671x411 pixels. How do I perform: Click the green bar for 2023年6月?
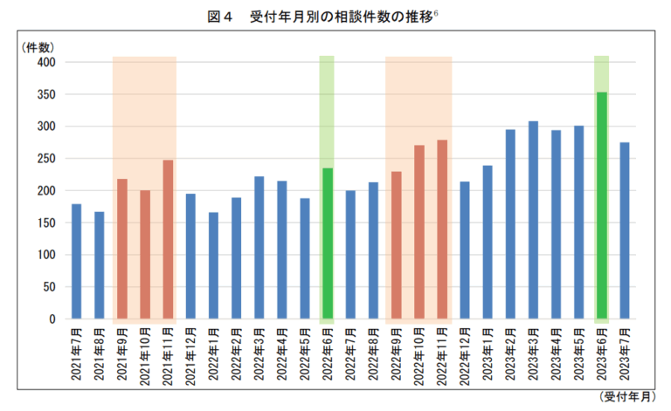tap(601, 205)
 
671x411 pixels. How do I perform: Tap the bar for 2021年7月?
tap(77, 262)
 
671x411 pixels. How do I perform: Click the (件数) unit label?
tap(38, 47)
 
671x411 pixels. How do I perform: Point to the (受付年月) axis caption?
tap(626, 397)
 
